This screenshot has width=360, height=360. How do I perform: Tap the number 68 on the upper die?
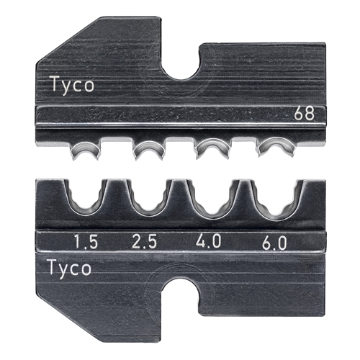[305, 114]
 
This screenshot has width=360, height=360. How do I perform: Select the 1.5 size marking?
[86, 241]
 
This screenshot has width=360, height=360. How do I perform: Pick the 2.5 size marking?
[145, 241]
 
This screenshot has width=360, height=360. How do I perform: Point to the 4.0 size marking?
[208, 241]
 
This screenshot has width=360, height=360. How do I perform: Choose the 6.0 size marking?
[274, 243]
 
